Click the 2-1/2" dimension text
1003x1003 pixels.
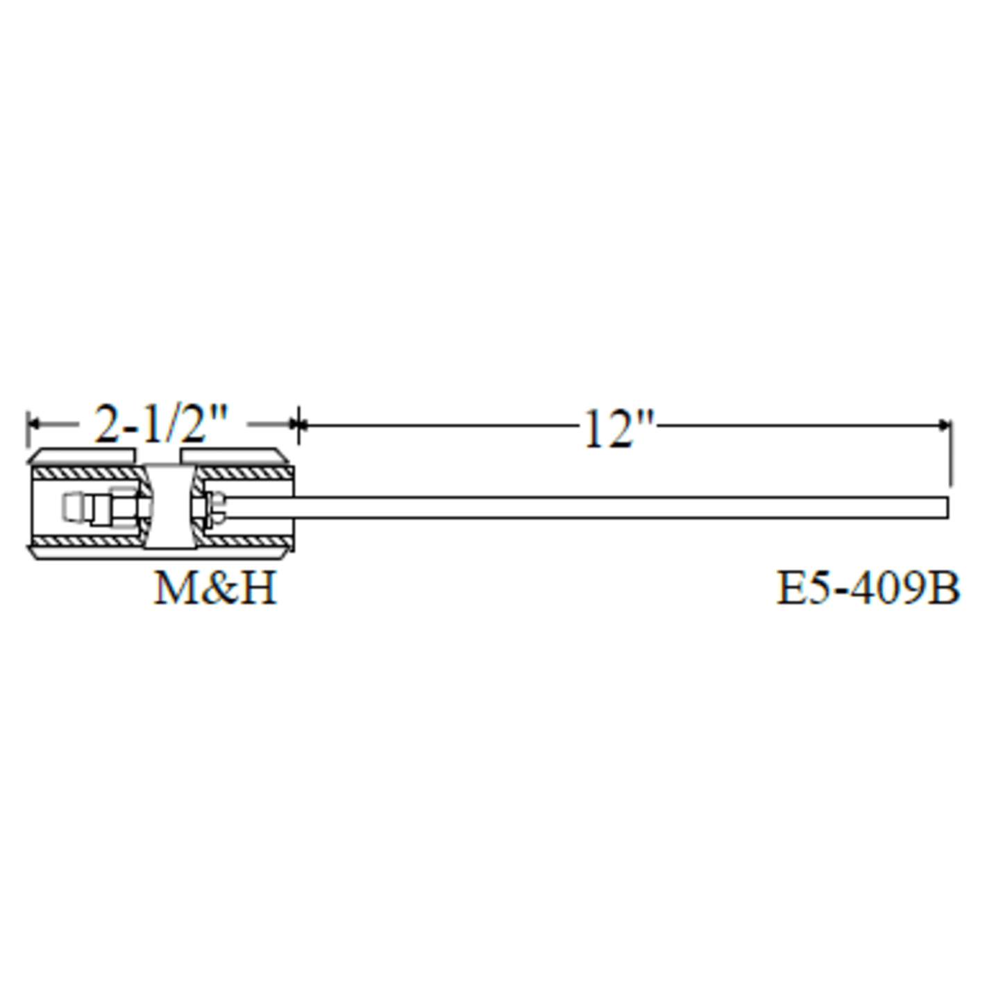coord(160,424)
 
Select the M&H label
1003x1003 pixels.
coord(214,588)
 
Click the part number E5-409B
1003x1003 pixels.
coord(868,588)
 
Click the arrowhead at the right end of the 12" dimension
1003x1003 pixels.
coord(945,425)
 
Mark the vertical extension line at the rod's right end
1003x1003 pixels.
coord(950,458)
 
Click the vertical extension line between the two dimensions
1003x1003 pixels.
coord(298,430)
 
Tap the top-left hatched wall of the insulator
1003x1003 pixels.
coord(87,473)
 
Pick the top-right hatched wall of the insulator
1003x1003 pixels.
coord(243,473)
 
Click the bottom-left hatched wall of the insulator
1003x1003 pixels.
coord(87,541)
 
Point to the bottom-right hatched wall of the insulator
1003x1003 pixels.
coord(243,541)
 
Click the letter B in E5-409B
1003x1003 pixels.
coord(946,588)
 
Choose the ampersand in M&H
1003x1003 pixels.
coord(215,588)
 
